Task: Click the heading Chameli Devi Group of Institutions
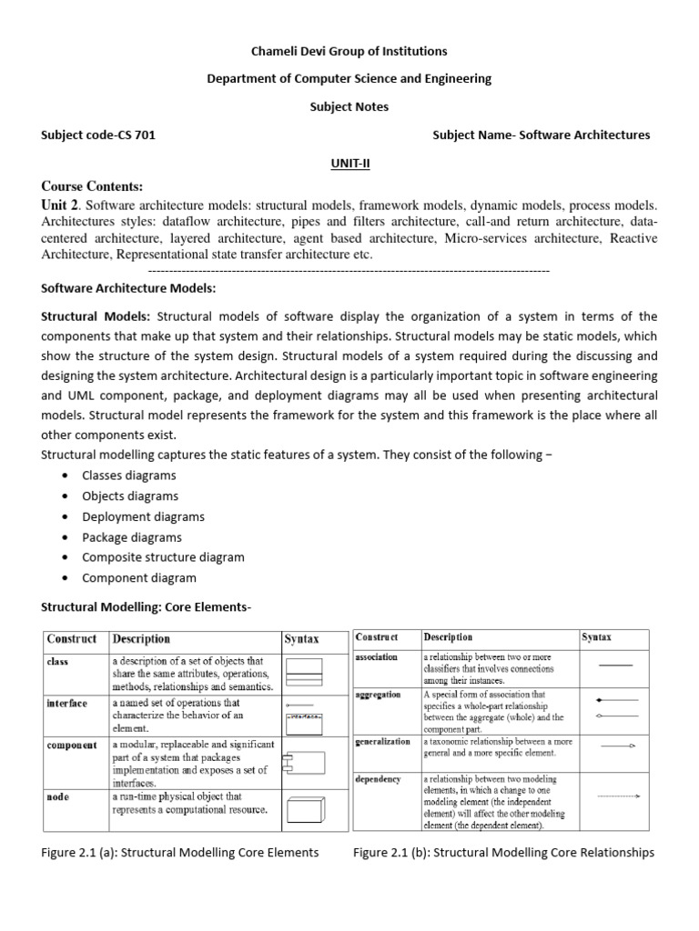pyautogui.click(x=349, y=52)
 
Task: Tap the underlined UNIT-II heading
pyautogui.click(x=349, y=163)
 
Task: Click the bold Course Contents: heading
pyautogui.click(x=92, y=186)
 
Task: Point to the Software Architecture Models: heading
pyautogui.click(x=128, y=288)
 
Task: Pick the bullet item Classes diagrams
pyautogui.click(x=129, y=476)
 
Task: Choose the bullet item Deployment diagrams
pyautogui.click(x=143, y=516)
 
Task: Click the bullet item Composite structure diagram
pyautogui.click(x=163, y=557)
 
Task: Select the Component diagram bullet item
pyautogui.click(x=138, y=577)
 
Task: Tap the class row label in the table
pyautogui.click(x=58, y=662)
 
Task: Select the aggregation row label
pyautogui.click(x=378, y=695)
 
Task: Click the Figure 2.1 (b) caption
pyautogui.click(x=502, y=853)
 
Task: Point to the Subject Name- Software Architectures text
pyautogui.click(x=542, y=135)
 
